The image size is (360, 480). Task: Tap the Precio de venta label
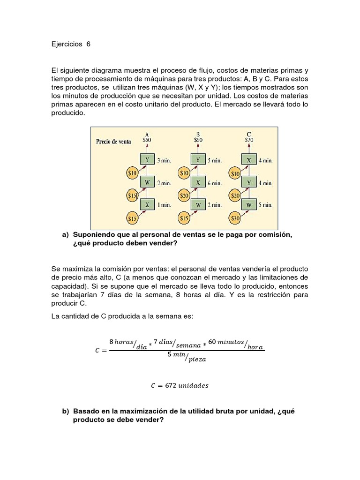(113, 141)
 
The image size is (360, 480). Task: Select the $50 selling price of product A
(147, 139)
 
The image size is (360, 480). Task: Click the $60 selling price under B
(198, 139)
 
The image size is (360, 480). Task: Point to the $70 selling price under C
(249, 139)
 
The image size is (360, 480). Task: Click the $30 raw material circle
(235, 218)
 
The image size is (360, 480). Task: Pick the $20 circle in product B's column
(184, 195)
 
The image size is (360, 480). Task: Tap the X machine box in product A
(147, 205)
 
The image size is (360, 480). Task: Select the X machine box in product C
(249, 160)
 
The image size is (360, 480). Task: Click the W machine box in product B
(198, 205)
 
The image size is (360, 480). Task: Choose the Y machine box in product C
(249, 183)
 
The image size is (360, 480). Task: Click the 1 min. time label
(164, 205)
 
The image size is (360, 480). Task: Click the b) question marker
(65, 411)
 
